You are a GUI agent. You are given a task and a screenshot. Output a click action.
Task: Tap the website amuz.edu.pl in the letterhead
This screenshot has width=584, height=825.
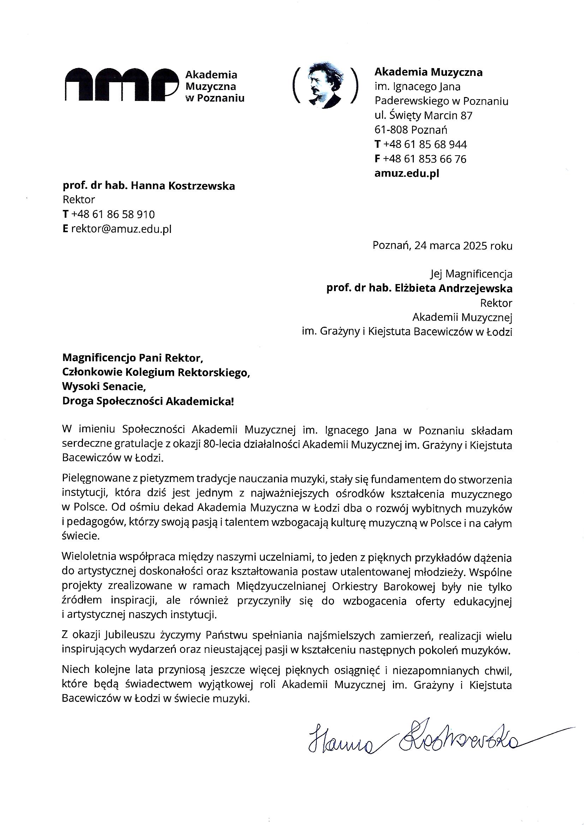[x=407, y=174]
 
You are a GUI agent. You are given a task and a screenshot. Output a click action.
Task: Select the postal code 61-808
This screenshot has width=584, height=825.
[x=391, y=130]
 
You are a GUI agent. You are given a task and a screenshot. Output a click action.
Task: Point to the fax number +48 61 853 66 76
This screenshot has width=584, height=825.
[x=425, y=159]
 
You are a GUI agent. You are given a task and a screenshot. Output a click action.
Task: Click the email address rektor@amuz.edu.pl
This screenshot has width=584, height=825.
[x=121, y=229]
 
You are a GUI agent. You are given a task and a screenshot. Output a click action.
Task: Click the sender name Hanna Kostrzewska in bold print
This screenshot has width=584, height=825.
[x=182, y=186]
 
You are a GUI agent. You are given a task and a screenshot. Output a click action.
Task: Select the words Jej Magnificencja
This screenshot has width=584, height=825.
[x=471, y=274]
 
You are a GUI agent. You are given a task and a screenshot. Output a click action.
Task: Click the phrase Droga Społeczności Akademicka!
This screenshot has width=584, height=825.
[x=148, y=401]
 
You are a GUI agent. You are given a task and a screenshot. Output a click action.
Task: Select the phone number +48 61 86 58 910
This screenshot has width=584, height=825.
[x=113, y=215]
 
